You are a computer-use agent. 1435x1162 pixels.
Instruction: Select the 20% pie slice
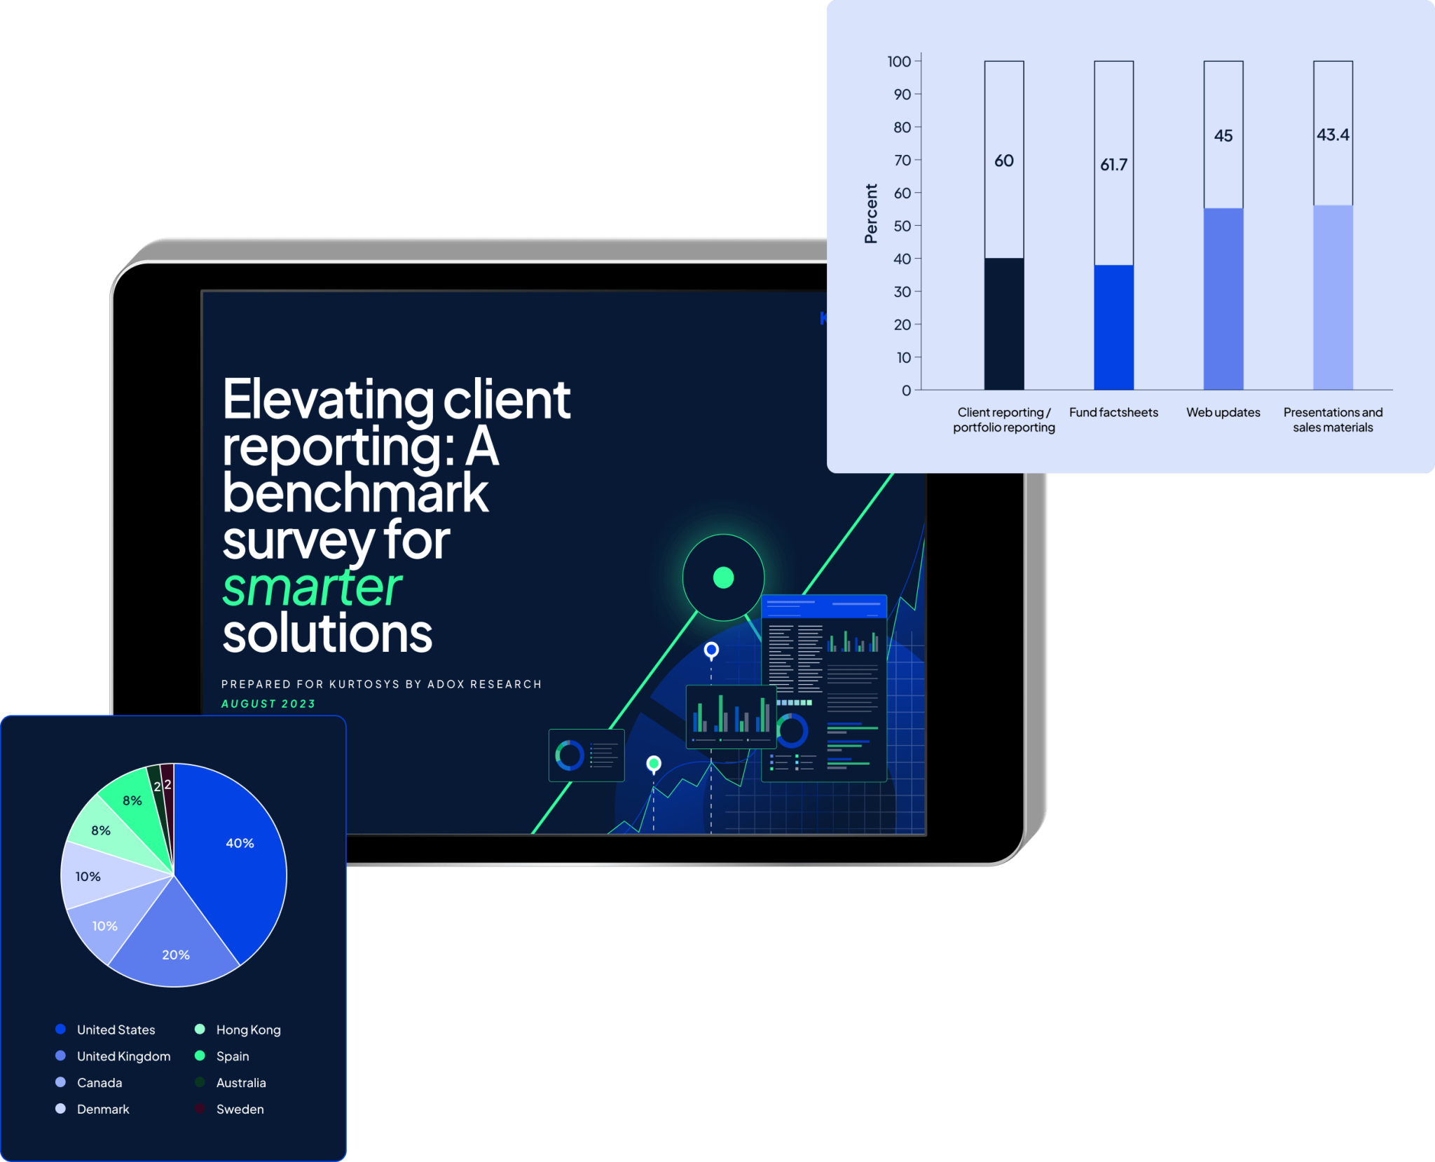175,946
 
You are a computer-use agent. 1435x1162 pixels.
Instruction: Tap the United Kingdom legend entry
123,1056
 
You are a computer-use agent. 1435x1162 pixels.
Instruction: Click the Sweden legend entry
240,1109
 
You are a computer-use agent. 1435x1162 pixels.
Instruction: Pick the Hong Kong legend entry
248,1030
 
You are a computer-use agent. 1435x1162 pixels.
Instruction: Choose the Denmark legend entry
103,1109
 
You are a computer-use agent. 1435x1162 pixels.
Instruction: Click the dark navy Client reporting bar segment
1003,324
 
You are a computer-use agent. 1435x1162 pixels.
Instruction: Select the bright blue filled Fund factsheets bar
1113,327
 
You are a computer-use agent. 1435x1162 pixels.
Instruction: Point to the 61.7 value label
1113,165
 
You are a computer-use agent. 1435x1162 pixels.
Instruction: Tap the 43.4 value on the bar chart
1333,135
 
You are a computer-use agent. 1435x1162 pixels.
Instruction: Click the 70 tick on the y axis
902,160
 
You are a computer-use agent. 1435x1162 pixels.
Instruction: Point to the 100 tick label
899,62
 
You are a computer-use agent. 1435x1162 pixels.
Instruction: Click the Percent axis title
871,214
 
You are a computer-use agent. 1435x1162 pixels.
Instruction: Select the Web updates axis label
1223,412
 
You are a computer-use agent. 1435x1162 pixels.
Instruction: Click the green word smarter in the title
312,587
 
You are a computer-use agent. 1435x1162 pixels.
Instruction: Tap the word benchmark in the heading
355,493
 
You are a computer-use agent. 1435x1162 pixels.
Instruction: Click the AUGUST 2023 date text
268,704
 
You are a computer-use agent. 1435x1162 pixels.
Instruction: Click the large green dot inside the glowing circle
723,577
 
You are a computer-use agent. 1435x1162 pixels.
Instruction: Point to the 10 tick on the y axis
904,357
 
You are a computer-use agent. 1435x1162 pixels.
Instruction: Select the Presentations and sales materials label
1333,420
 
